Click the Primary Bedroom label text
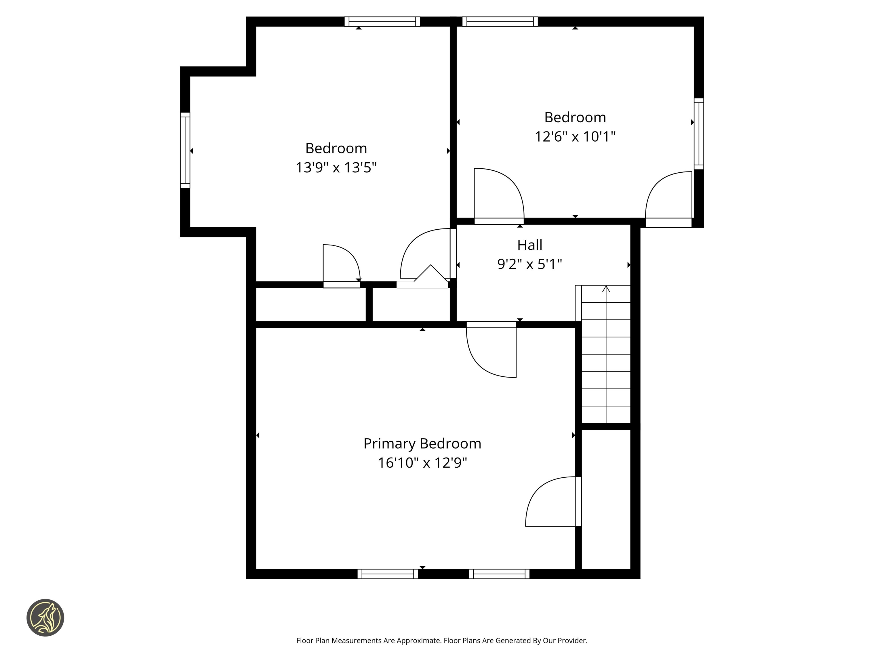point(422,444)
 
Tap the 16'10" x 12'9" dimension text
point(422,463)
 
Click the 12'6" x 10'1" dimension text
point(575,137)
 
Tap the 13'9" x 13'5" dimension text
point(336,167)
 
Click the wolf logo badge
point(45,618)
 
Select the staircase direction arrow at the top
point(606,289)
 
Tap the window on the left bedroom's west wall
point(185,150)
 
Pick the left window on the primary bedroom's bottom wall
point(387,574)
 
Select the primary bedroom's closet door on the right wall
point(553,502)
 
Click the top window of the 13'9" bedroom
point(382,22)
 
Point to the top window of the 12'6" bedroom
point(500,22)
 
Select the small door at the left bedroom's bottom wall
point(341,266)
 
